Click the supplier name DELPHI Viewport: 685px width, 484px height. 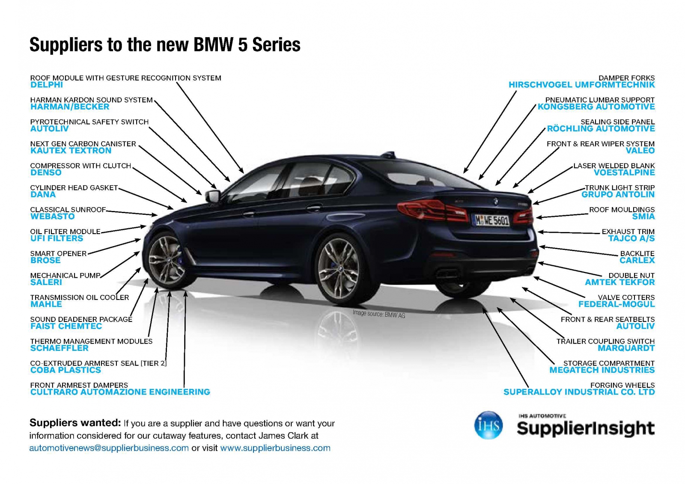point(47,85)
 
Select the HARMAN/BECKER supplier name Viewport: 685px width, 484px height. point(70,107)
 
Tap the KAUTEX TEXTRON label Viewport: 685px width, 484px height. point(71,151)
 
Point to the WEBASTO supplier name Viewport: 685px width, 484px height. point(52,217)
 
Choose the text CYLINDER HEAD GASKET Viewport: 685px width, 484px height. point(74,188)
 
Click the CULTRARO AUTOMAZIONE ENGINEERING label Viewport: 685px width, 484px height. point(120,392)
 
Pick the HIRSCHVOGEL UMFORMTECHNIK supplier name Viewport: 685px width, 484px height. point(582,85)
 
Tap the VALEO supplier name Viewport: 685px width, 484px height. point(640,151)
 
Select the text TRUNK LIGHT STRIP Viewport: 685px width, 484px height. point(620,188)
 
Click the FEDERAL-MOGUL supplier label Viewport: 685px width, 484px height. point(616,304)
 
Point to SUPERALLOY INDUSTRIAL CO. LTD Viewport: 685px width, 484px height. point(579,392)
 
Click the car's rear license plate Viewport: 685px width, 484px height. point(492,220)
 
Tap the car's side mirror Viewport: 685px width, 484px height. point(213,196)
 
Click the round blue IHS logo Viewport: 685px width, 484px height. point(488,425)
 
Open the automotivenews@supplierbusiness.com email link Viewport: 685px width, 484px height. point(109,448)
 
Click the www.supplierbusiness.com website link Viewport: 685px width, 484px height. point(275,448)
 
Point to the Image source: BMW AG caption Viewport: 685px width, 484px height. point(379,314)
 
